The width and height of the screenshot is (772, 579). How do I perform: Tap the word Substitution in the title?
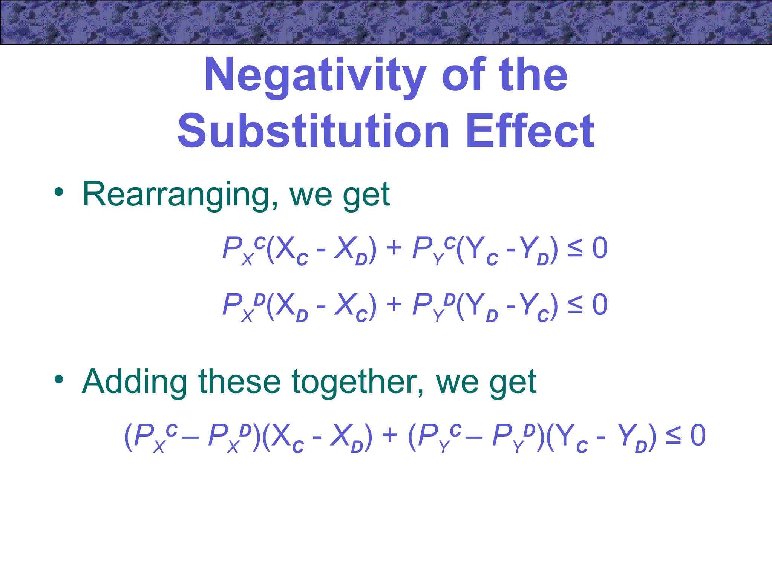pos(313,131)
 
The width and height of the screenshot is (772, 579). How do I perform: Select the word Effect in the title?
pos(530,131)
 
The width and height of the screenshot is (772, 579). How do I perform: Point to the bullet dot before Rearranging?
pos(59,192)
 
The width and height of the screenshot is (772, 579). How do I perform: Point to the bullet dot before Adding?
pos(59,379)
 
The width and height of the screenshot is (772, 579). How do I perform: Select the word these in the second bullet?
pos(240,382)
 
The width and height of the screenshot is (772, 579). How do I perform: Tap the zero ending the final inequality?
pos(698,435)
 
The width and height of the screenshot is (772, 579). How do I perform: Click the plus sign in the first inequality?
pos(394,249)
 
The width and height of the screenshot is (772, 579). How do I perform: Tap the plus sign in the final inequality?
pos(390,435)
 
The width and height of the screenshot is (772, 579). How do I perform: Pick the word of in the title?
pos(463,75)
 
